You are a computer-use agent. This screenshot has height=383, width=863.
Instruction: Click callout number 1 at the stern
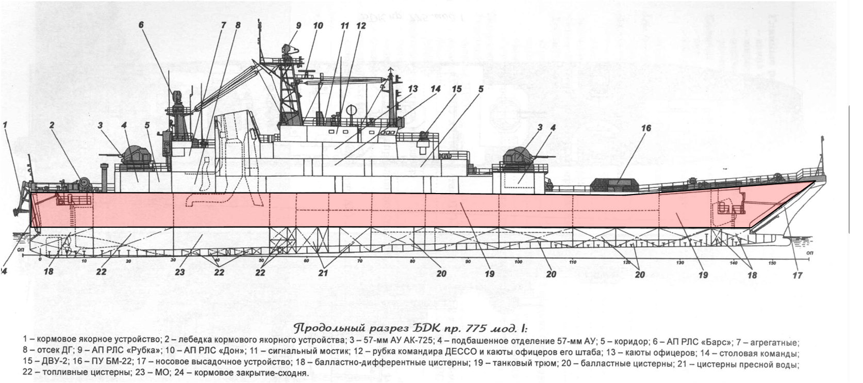(6, 124)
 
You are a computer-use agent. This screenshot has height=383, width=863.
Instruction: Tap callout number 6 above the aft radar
(141, 25)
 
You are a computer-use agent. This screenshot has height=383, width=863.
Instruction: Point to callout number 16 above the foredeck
(646, 128)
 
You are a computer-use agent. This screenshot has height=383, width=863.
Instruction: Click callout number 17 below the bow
(797, 275)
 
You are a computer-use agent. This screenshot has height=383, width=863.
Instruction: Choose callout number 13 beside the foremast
(412, 89)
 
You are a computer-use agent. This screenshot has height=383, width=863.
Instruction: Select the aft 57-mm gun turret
(136, 154)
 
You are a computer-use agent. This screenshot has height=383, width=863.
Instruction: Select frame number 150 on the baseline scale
(771, 263)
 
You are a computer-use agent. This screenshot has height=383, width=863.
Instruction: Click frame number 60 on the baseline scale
(306, 261)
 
